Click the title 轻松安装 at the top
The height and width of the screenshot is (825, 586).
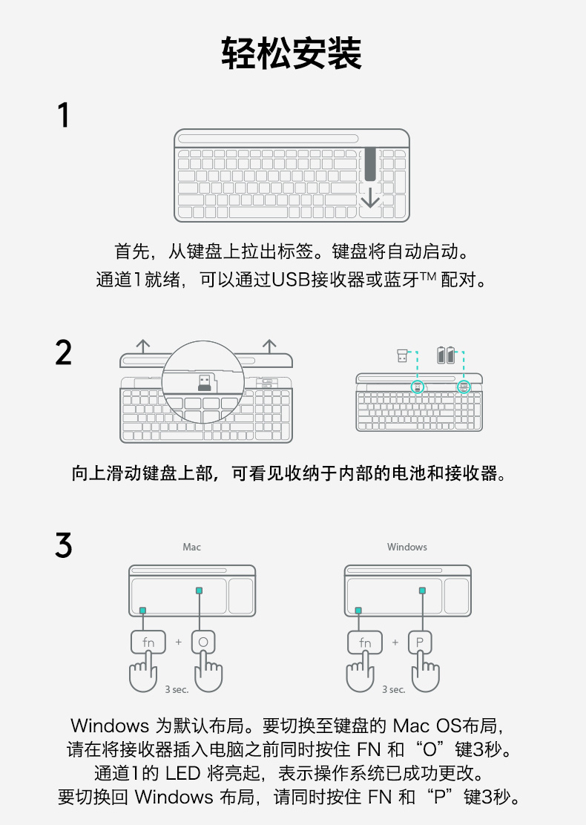click(x=292, y=53)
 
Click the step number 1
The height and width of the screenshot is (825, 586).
click(x=64, y=115)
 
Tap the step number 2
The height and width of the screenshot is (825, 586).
click(x=64, y=353)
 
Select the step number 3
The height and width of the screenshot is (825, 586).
click(x=64, y=545)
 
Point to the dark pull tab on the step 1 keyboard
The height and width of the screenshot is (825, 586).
click(x=369, y=163)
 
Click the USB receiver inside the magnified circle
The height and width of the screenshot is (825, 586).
click(x=204, y=382)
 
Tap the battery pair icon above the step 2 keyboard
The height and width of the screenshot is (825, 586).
click(x=446, y=355)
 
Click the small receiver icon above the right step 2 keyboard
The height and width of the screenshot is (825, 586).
click(x=402, y=355)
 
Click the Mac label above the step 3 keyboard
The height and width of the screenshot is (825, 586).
click(x=191, y=547)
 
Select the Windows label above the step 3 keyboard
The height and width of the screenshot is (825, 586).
click(x=406, y=547)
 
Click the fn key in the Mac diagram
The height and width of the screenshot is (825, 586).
click(x=148, y=642)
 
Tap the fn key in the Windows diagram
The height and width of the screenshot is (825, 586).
click(x=365, y=642)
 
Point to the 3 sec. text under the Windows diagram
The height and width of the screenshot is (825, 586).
click(x=394, y=689)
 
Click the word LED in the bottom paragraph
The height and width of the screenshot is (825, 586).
click(x=182, y=773)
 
